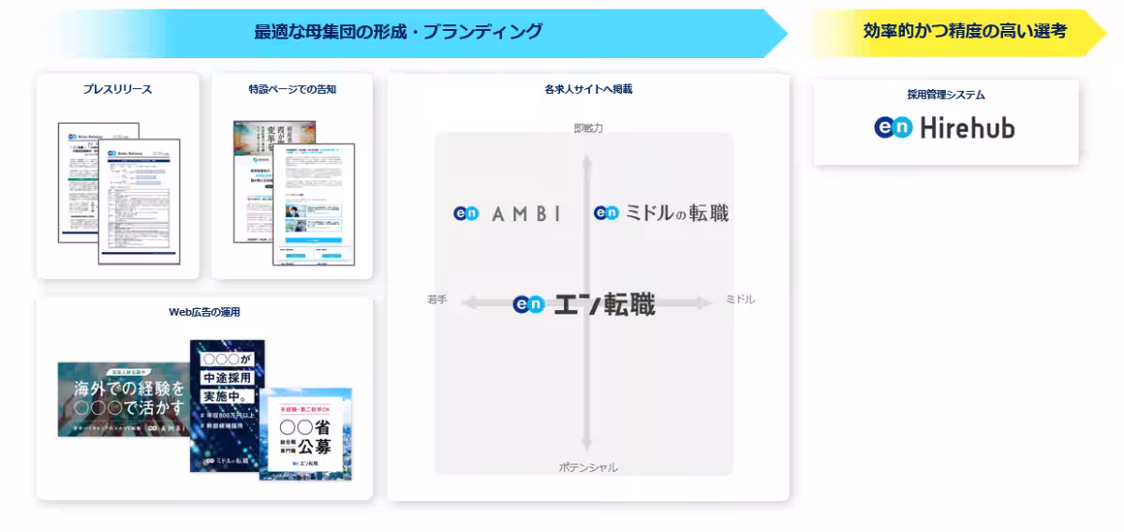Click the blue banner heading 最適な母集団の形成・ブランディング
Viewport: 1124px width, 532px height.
[398, 32]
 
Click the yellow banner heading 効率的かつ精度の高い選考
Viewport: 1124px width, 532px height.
[964, 31]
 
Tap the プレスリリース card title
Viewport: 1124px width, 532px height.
[117, 90]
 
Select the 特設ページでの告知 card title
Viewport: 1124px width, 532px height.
[292, 90]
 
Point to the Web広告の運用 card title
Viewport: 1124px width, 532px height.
[204, 312]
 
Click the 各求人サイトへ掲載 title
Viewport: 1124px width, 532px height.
[587, 90]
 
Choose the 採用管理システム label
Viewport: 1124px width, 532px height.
[945, 95]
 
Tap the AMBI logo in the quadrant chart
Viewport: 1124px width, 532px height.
[507, 214]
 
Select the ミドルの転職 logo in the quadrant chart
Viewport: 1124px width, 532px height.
[660, 214]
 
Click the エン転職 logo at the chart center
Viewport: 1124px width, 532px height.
[584, 304]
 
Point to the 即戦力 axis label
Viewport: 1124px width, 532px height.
[587, 128]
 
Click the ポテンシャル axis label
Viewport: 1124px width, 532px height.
[587, 467]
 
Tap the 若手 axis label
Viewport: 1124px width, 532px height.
[436, 300]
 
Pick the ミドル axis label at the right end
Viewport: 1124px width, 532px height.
[740, 300]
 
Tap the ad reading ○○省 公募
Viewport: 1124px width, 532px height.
[307, 433]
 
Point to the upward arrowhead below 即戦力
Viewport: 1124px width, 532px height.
[587, 161]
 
